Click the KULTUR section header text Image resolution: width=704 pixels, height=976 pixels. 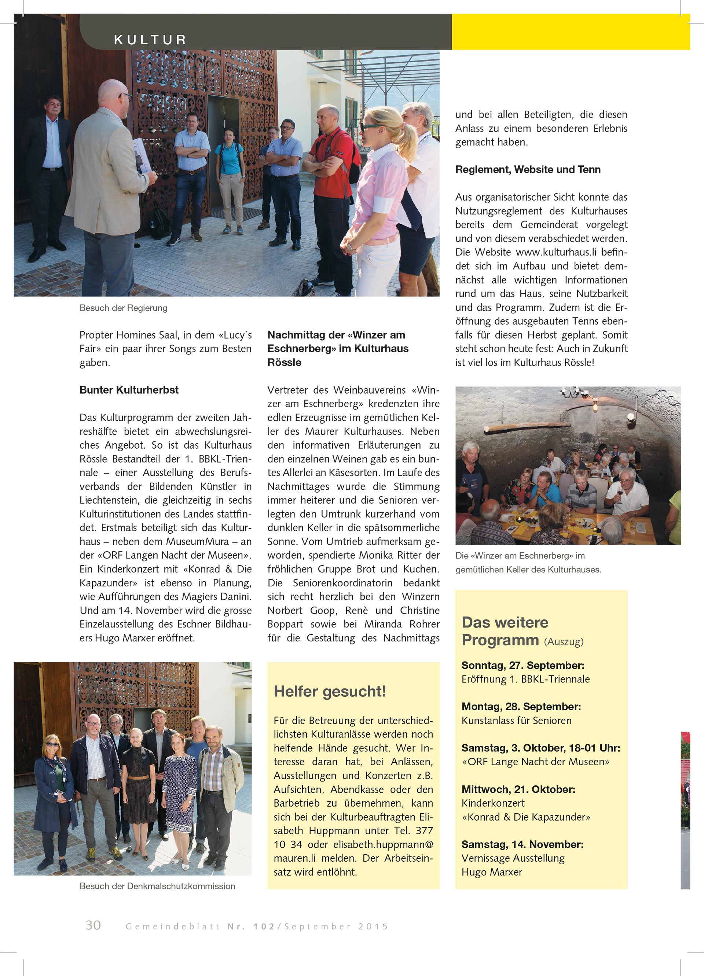tap(150, 40)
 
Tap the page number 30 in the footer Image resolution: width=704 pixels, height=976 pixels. tap(93, 925)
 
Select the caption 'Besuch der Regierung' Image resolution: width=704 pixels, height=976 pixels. tap(123, 308)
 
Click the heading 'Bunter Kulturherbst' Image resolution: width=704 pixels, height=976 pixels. tap(129, 390)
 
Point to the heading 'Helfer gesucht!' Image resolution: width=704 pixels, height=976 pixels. tap(330, 692)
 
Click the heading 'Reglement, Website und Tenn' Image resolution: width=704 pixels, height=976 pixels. tap(528, 170)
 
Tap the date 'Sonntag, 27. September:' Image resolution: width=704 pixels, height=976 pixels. tap(523, 665)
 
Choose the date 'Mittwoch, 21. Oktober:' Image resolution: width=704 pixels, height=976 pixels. tap(518, 789)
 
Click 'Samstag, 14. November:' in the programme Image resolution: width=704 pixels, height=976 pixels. tap(522, 844)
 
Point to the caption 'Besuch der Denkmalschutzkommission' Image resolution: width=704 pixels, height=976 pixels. tap(157, 886)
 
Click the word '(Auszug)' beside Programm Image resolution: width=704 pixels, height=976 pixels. tap(563, 642)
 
